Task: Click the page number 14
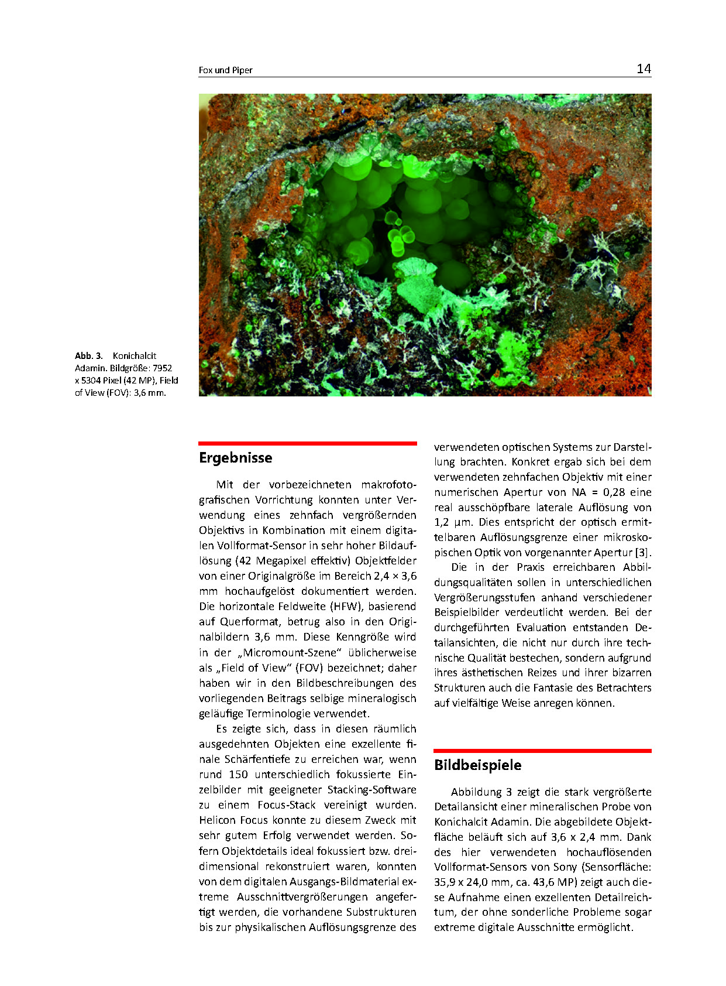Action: point(644,69)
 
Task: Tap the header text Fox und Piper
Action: point(225,70)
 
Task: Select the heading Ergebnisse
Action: point(235,458)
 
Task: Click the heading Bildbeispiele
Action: point(477,765)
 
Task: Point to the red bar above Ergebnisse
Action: point(308,444)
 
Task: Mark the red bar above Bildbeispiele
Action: point(542,751)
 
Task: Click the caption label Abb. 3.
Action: point(89,356)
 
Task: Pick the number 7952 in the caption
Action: point(163,368)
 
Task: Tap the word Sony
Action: point(565,867)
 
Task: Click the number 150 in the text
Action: point(238,775)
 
